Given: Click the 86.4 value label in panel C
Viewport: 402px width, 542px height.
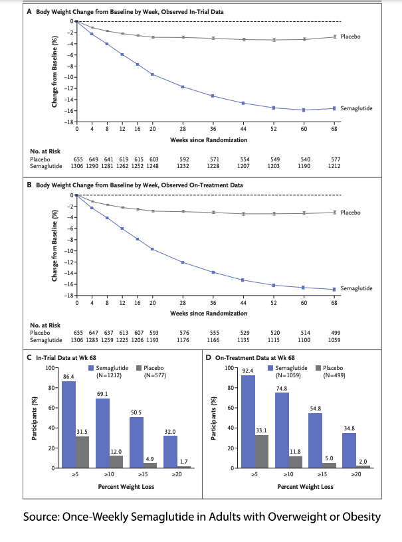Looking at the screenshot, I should point(68,377).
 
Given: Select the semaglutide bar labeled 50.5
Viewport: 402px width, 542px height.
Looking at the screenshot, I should point(137,442).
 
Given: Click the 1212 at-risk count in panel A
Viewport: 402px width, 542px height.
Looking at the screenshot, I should point(334,165).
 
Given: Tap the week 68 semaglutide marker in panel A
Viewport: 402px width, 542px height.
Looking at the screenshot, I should point(334,108).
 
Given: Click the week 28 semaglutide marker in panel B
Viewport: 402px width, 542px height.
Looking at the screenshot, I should point(183,262).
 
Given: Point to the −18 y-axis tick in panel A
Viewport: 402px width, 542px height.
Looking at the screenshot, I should point(67,122).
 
